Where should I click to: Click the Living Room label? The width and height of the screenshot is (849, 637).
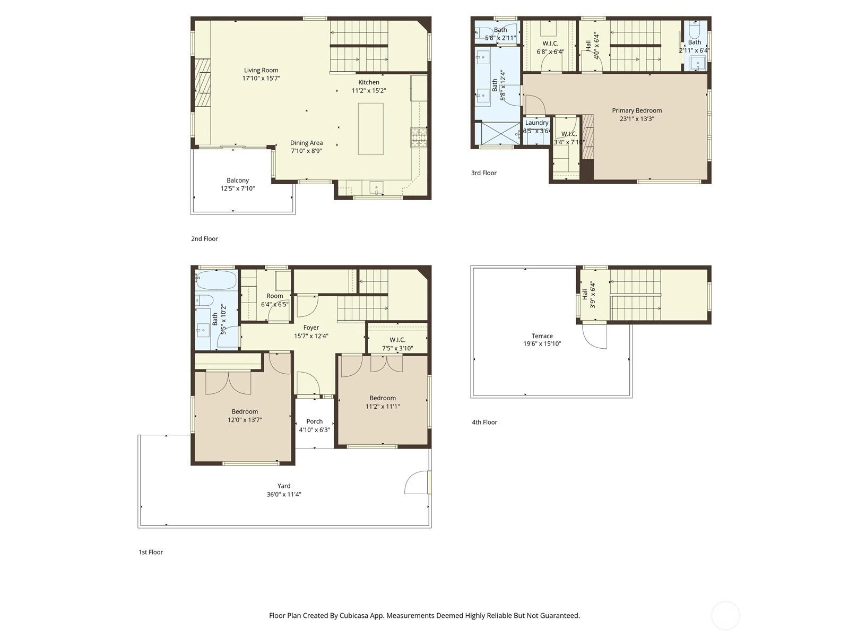pos(261,70)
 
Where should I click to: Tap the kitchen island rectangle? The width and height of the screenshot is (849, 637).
pos(370,129)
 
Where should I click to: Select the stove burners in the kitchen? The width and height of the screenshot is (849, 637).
pos(419,137)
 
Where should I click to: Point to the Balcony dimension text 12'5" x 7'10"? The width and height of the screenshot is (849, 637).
pos(238,188)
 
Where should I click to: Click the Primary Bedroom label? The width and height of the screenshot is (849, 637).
pos(637,110)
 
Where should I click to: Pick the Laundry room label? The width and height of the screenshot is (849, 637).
pos(537,123)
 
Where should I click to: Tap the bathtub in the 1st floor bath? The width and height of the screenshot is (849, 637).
pos(215,280)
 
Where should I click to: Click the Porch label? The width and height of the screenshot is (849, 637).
pos(315,421)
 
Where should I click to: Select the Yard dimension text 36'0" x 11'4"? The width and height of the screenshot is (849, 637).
pos(284,494)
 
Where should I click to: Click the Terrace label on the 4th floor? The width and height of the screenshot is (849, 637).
pos(542,335)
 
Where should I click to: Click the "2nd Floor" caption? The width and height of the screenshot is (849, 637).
pos(204,239)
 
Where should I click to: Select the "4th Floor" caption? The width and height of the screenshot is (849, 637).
pos(484,422)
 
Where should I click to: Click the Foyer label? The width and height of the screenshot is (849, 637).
pos(311,328)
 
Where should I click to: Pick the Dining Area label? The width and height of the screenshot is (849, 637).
pos(306,143)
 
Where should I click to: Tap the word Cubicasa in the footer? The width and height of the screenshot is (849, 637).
pos(354,615)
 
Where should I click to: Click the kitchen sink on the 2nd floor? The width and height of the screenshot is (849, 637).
pos(376,187)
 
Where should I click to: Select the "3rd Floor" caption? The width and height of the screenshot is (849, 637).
pos(483,173)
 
